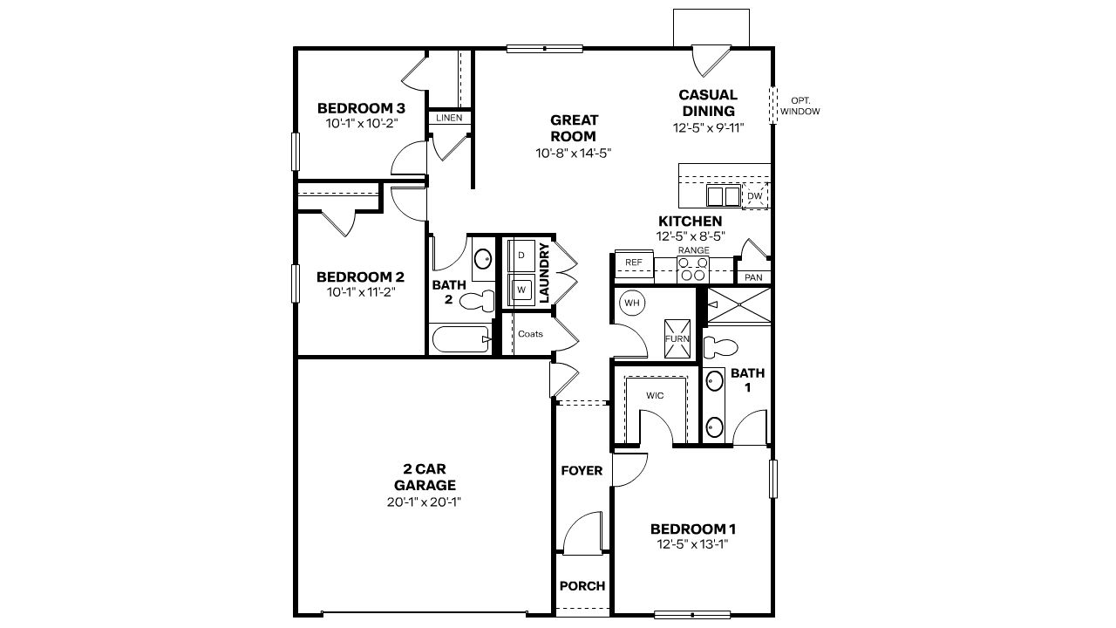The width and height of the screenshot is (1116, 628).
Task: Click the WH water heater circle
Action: pyautogui.click(x=631, y=304)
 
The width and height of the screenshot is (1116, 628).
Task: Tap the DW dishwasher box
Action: pyautogui.click(x=755, y=197)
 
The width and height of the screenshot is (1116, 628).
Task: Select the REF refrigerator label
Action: pyautogui.click(x=634, y=262)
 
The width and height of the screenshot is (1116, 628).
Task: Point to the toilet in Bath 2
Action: pyautogui.click(x=476, y=302)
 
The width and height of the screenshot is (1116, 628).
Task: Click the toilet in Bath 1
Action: pyautogui.click(x=720, y=347)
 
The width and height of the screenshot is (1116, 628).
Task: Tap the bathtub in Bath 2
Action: pyautogui.click(x=460, y=339)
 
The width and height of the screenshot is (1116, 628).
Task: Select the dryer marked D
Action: pyautogui.click(x=521, y=256)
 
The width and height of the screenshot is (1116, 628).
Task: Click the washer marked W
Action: pyautogui.click(x=521, y=289)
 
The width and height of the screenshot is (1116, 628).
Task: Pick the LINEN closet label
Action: pyautogui.click(x=449, y=117)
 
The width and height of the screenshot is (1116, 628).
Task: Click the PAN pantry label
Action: pyautogui.click(x=753, y=277)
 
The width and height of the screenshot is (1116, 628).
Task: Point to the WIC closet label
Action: pyautogui.click(x=655, y=395)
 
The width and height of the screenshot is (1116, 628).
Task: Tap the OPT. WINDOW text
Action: pyautogui.click(x=800, y=106)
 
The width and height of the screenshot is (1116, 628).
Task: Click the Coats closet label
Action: pyautogui.click(x=530, y=333)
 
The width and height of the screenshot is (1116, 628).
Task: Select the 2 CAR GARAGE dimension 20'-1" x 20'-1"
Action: pyautogui.click(x=425, y=502)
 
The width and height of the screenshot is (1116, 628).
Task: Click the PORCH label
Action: pyautogui.click(x=582, y=585)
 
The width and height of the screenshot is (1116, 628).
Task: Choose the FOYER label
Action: pyautogui.click(x=582, y=470)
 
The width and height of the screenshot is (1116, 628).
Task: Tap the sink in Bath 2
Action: pyautogui.click(x=482, y=258)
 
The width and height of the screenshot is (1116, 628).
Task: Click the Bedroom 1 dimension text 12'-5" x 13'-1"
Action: pyautogui.click(x=693, y=544)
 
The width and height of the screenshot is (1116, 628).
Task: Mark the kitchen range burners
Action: pyautogui.click(x=692, y=269)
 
